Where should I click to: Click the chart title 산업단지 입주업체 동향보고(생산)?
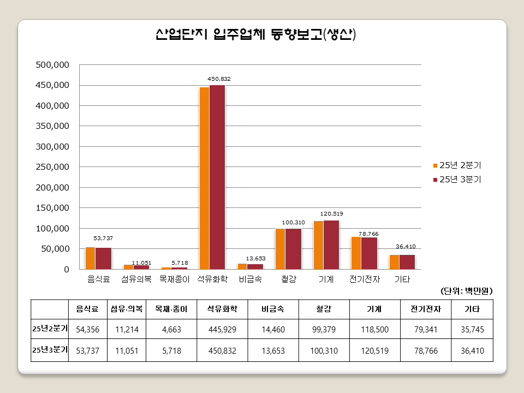tap(255, 35)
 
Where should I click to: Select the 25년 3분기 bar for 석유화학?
tap(217, 177)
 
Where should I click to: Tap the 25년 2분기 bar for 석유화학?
tap(204, 178)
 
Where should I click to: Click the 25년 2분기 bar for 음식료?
tap(90, 258)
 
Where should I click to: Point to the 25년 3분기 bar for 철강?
tap(293, 249)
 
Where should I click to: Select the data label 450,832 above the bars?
tap(219, 79)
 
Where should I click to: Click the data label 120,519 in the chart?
tap(331, 213)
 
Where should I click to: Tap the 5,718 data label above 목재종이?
tap(180, 263)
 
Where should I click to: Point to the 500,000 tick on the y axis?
tap(52, 65)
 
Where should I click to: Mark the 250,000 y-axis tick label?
tap(52, 167)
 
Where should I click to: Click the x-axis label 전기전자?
tap(364, 279)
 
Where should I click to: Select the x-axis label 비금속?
tap(250, 279)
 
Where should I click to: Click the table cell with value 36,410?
tap(472, 350)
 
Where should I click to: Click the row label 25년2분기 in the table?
tap(50, 329)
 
